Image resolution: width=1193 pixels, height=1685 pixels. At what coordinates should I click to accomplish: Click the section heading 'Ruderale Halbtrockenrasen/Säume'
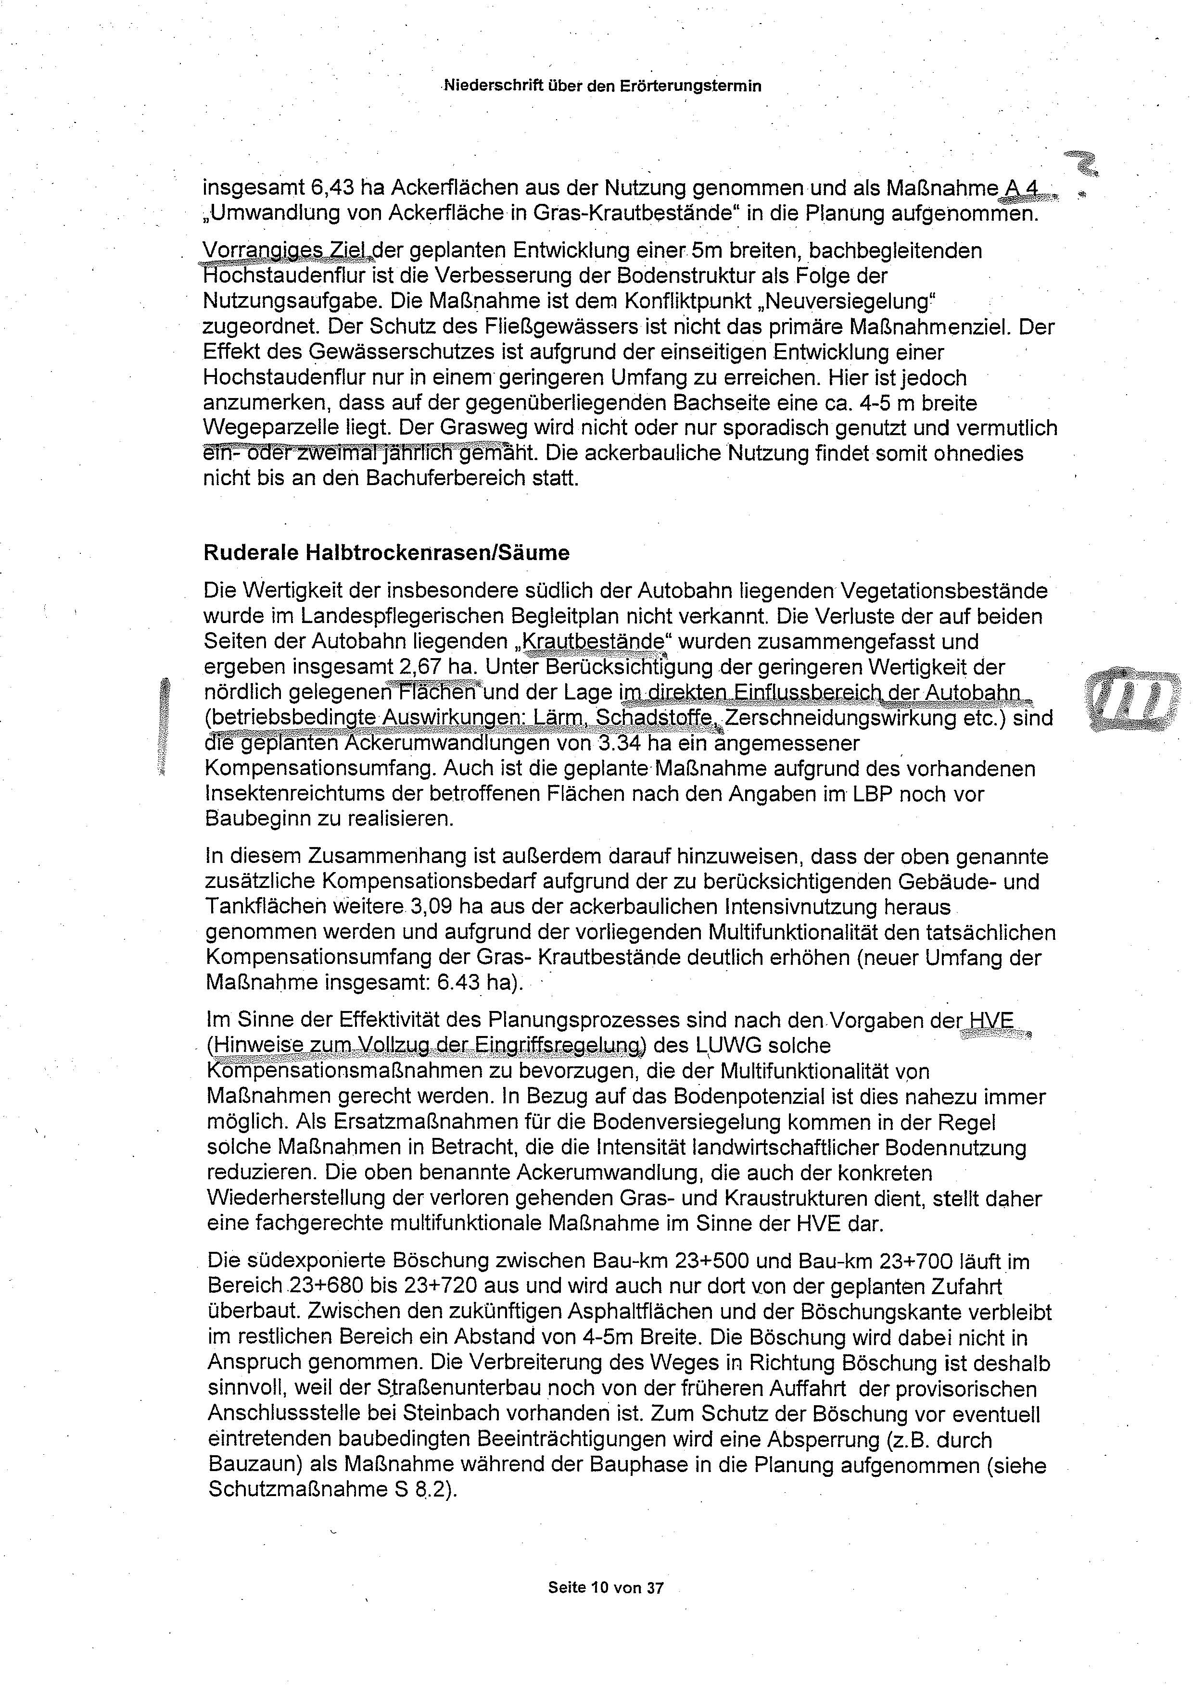pyautogui.click(x=386, y=552)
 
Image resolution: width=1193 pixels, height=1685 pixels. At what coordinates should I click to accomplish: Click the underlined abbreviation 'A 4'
pyautogui.click(x=1020, y=188)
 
